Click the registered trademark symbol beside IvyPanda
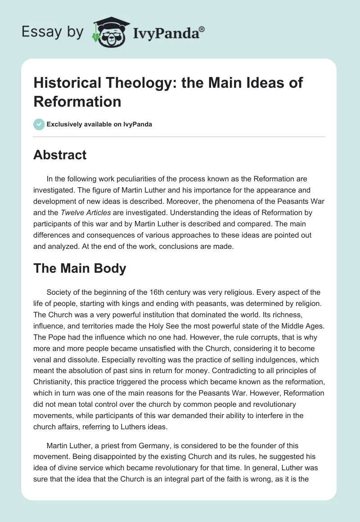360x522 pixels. click(202, 29)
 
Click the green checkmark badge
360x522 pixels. click(40, 124)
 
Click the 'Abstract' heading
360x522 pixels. click(60, 155)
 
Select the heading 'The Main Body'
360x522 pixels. click(80, 268)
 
